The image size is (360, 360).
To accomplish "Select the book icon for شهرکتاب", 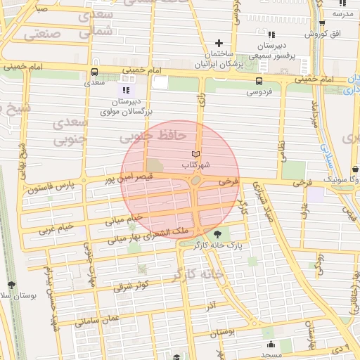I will point(196,154).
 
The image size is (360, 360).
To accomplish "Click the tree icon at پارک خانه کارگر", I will point(217,235).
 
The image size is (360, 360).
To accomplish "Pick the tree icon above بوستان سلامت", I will point(11,285).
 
